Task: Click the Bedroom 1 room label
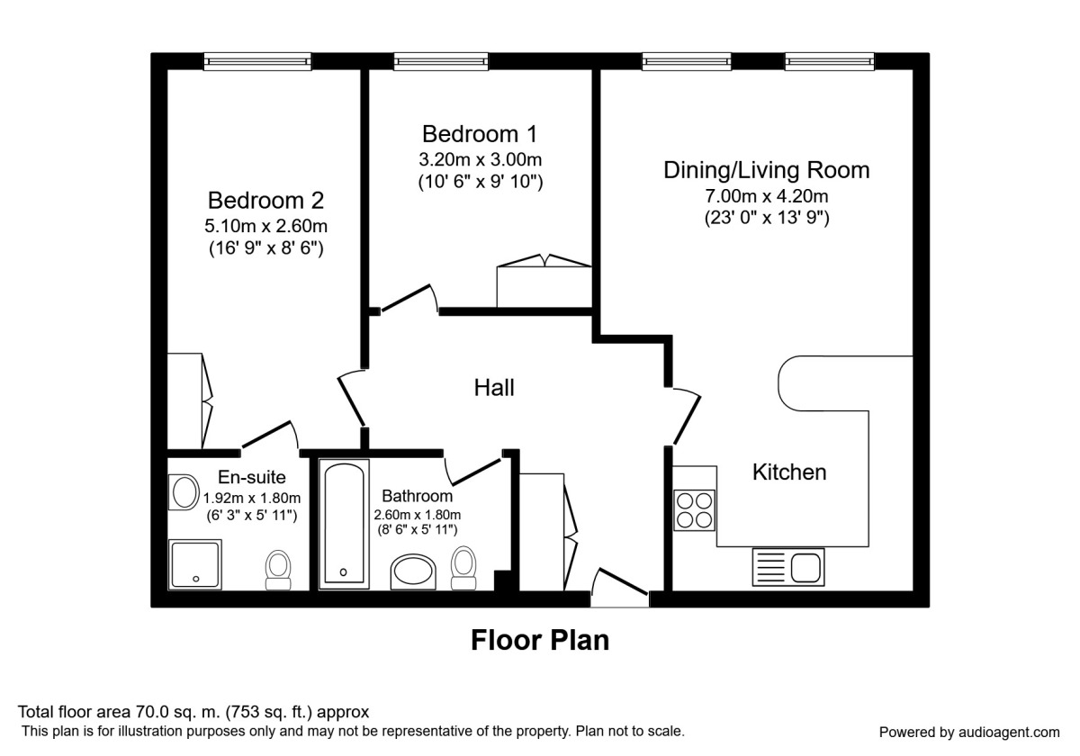coord(480,134)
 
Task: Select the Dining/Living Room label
coord(766,169)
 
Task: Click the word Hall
coord(494,388)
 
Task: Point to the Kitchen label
coord(789,472)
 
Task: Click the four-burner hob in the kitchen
coord(694,510)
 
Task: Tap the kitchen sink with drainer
coord(787,568)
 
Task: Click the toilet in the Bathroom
coord(463,567)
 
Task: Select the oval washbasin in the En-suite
coord(184,493)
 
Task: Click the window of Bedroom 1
coord(440,61)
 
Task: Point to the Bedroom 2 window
coord(257,61)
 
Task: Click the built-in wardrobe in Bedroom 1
coord(544,284)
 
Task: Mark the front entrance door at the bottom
coord(620,586)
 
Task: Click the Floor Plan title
coord(540,640)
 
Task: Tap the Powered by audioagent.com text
coord(968,732)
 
